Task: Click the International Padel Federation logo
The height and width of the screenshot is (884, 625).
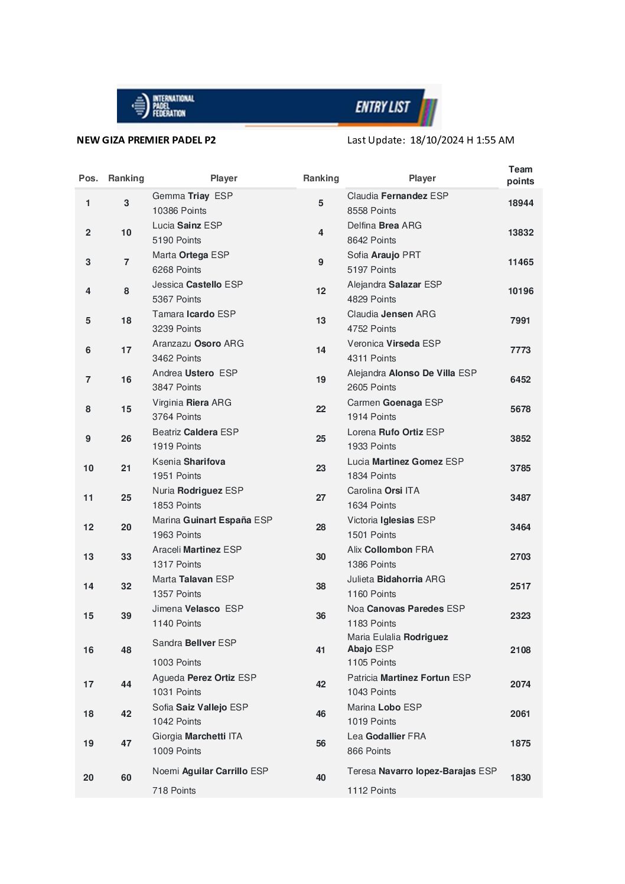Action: tap(162, 106)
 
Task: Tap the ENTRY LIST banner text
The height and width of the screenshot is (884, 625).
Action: tap(382, 107)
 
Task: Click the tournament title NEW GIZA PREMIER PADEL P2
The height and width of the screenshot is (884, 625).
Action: tap(146, 140)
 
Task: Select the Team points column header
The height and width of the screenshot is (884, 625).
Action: tap(520, 175)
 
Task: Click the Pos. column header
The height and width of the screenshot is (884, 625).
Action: tap(88, 178)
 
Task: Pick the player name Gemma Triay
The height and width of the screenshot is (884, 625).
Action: tap(181, 196)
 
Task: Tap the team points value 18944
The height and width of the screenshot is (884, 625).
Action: tap(520, 203)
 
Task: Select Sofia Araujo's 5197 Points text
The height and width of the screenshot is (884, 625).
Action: tap(372, 270)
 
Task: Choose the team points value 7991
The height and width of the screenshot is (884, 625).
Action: tap(520, 321)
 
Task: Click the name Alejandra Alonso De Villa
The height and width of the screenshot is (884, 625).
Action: tap(401, 373)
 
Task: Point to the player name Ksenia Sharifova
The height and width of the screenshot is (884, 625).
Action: tap(188, 462)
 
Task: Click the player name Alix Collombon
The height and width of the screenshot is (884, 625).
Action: tap(380, 550)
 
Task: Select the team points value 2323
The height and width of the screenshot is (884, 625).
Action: tap(520, 616)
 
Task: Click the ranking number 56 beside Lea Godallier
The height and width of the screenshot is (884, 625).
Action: tap(321, 743)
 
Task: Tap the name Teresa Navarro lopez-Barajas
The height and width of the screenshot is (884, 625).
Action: tap(412, 771)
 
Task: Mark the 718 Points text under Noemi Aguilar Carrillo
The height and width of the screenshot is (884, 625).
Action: tap(174, 791)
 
